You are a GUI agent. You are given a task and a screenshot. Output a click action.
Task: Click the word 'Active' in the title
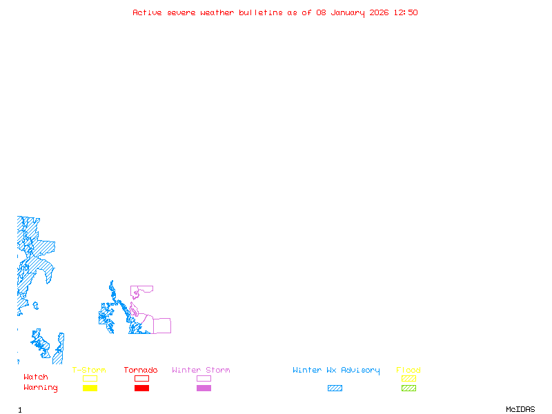pos(148,12)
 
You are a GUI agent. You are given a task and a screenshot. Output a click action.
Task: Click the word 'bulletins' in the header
pos(260,12)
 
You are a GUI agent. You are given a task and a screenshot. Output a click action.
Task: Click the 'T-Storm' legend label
pos(89,371)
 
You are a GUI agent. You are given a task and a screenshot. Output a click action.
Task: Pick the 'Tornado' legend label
pos(141,371)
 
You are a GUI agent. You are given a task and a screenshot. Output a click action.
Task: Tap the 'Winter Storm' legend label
pos(201,371)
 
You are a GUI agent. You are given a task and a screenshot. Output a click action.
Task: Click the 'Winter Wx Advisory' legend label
pos(336,371)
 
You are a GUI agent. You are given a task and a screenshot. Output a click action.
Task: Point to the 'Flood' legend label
pos(408,371)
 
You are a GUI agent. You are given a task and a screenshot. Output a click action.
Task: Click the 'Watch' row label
pos(36,377)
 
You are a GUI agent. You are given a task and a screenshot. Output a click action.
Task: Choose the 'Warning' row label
pos(41,388)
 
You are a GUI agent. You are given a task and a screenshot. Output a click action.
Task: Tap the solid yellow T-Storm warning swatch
pos(90,388)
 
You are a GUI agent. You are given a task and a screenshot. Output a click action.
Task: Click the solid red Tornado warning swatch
pos(141,388)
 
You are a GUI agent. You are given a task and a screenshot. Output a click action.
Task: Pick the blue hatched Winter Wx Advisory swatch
pos(335,388)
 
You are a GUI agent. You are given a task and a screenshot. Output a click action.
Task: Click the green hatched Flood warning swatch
pos(408,388)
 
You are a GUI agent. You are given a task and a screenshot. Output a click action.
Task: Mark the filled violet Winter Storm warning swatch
pos(204,388)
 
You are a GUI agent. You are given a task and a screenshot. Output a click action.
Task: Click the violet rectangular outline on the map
pos(161,326)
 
